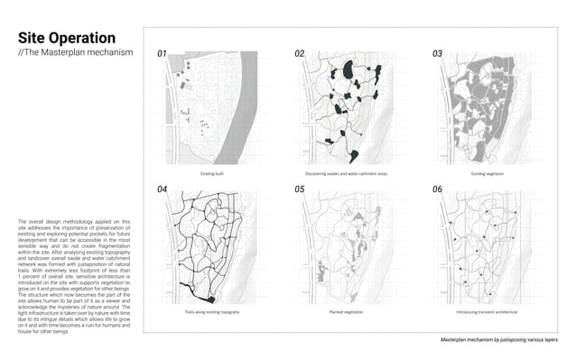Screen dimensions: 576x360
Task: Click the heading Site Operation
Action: click(x=67, y=38)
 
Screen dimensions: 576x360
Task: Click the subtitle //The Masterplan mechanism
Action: click(x=75, y=53)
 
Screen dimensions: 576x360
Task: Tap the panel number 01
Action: click(x=163, y=54)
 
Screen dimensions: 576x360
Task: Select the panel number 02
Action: click(x=301, y=54)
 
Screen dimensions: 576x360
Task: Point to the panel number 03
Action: click(x=438, y=54)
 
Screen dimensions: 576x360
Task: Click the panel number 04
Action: click(x=163, y=189)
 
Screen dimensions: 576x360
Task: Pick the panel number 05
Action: click(x=301, y=189)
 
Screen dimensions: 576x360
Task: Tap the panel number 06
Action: click(x=438, y=189)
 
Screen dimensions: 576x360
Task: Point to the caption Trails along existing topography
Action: click(x=213, y=311)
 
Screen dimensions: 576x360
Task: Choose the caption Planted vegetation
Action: click(x=347, y=311)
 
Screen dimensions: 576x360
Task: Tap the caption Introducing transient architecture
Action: click(x=487, y=311)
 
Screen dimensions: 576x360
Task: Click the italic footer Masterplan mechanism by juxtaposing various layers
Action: click(x=498, y=340)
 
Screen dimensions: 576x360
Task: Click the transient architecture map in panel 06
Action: click(x=488, y=248)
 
